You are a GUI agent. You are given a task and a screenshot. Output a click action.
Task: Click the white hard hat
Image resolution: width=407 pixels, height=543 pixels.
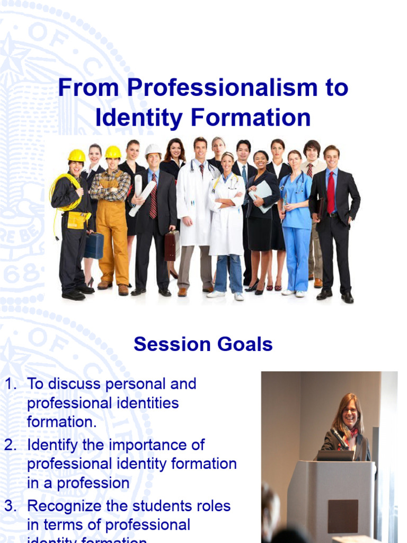[x=153, y=150]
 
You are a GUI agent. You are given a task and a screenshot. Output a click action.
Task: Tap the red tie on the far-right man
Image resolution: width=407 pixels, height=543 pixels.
[x=331, y=191]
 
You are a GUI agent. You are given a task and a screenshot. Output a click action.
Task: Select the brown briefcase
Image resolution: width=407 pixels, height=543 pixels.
[x=171, y=245]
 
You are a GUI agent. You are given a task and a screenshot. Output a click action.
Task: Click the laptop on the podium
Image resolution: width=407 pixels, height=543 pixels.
[x=335, y=455]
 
